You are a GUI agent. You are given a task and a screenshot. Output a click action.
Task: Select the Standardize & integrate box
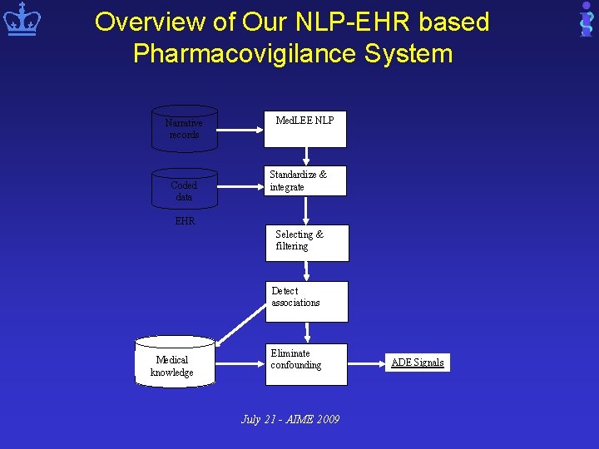tap(306, 181)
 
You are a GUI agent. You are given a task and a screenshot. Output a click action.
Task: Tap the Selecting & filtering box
tap(307, 243)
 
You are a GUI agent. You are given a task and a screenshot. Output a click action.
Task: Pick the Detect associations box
tap(307, 301)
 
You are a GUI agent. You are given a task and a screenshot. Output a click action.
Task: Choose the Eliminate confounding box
tap(307, 364)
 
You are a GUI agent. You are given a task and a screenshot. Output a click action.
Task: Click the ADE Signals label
tap(418, 363)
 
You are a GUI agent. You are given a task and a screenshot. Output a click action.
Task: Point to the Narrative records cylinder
tap(184, 129)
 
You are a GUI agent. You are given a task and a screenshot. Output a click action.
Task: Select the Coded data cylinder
tap(184, 190)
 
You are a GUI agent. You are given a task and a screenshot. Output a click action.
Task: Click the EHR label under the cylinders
tap(185, 221)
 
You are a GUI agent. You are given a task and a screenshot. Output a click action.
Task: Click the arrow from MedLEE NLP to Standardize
tap(306, 155)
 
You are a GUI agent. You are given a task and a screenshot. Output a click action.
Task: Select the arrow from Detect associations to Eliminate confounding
tap(307, 333)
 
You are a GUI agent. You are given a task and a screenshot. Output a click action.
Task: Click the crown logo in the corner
tap(22, 21)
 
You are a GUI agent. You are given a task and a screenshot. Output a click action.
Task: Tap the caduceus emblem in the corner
tap(586, 20)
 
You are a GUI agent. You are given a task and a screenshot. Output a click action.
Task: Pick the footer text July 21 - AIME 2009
tap(290, 419)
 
